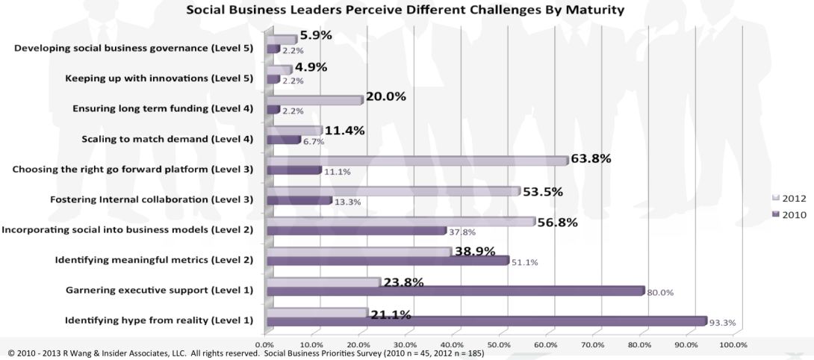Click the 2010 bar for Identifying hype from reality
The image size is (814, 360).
tap(485, 321)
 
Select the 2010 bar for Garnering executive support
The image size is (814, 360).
tap(455, 291)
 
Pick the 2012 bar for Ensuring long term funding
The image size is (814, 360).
tap(314, 100)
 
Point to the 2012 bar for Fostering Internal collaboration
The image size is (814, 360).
tap(392, 191)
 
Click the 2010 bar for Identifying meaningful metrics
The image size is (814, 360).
tap(387, 261)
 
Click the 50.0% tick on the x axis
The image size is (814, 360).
tap(498, 344)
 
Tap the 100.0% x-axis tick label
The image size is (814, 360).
tap(733, 344)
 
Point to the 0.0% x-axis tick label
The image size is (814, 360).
tap(264, 344)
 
